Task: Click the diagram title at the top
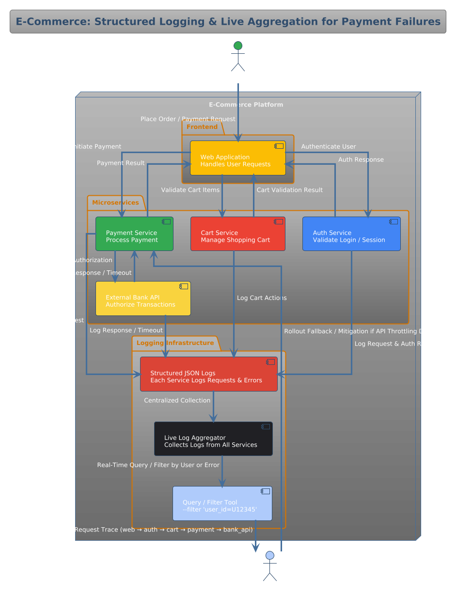(228, 22)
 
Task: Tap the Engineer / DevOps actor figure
(270, 565)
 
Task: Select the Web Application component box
(237, 158)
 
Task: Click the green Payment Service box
(134, 234)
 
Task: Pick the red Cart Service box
(237, 234)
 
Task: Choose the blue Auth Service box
(351, 234)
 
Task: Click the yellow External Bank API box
(143, 298)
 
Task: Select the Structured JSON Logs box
(208, 374)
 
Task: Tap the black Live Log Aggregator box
(213, 439)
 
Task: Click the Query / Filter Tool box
(222, 503)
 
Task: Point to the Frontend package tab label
(202, 127)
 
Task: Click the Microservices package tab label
(115, 203)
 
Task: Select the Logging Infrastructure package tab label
(175, 343)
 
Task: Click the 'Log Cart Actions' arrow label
(262, 298)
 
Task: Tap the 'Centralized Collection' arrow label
(177, 401)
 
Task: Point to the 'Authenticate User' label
(329, 147)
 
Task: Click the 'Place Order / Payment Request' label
(188, 119)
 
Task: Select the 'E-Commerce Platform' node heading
(246, 105)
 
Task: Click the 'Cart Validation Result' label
(289, 190)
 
